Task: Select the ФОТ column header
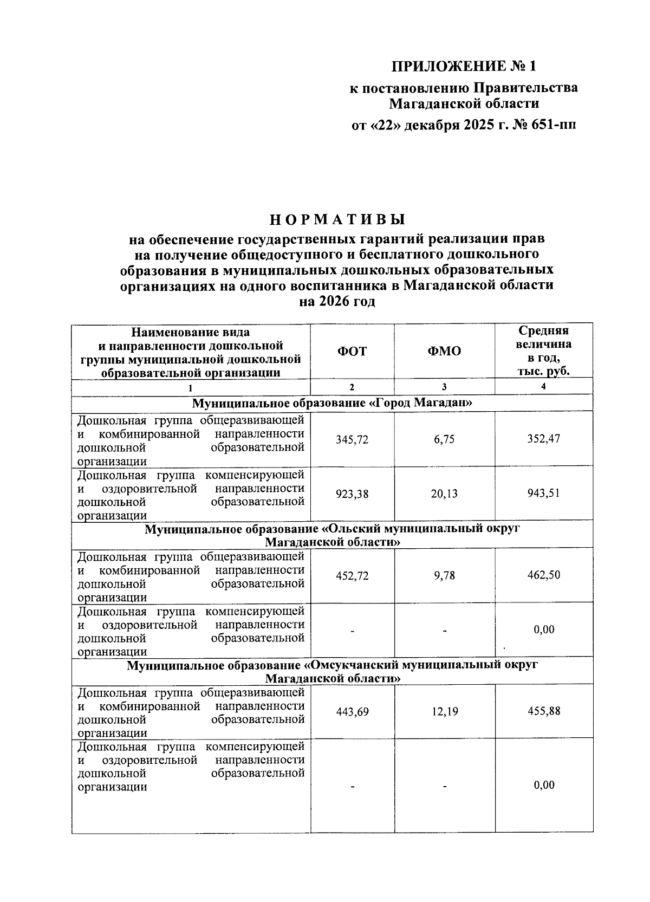point(352,351)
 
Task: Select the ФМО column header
point(444,351)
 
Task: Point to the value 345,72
point(352,440)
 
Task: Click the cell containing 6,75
point(444,440)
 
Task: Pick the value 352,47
point(544,439)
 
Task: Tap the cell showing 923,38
point(352,494)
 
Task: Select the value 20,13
point(444,494)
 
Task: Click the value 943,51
point(544,494)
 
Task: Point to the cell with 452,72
point(352,576)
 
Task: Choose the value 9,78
point(444,576)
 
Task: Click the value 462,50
point(544,575)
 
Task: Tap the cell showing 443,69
point(352,712)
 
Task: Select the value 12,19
point(444,712)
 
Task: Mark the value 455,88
point(544,711)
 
